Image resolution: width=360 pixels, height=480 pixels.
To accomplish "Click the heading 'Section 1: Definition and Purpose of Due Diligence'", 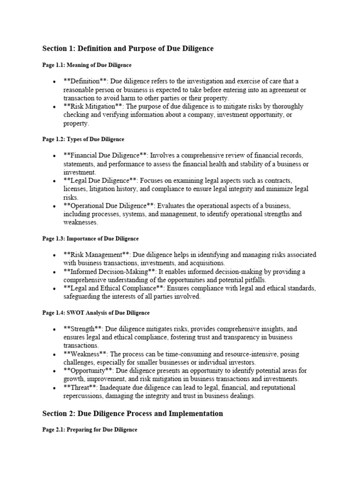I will point(128,49).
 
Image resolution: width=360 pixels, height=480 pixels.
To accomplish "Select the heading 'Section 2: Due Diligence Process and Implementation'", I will point(133,413).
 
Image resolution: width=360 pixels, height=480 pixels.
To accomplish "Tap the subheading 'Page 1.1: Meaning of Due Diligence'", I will point(87,65).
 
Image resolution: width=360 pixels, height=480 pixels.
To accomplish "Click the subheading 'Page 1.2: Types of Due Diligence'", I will point(83,139).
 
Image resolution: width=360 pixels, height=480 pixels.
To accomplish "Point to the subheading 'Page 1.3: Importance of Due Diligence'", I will point(90,239).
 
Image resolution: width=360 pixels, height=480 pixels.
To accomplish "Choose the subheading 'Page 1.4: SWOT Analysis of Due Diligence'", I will point(96,313).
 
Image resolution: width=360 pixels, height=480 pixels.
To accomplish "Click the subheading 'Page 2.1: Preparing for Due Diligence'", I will point(90,429).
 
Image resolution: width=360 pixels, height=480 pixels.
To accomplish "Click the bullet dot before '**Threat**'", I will point(55,388).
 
